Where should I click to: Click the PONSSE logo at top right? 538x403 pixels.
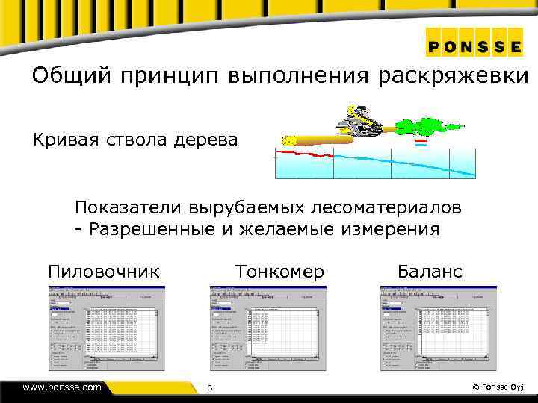[x=474, y=45]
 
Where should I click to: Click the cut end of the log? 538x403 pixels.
[x=288, y=140]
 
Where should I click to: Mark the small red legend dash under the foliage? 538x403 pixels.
[x=421, y=140]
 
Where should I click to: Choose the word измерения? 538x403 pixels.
[x=391, y=228]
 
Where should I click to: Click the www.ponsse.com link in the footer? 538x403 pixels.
[x=62, y=387]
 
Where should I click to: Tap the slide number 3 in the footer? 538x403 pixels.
[x=210, y=387]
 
